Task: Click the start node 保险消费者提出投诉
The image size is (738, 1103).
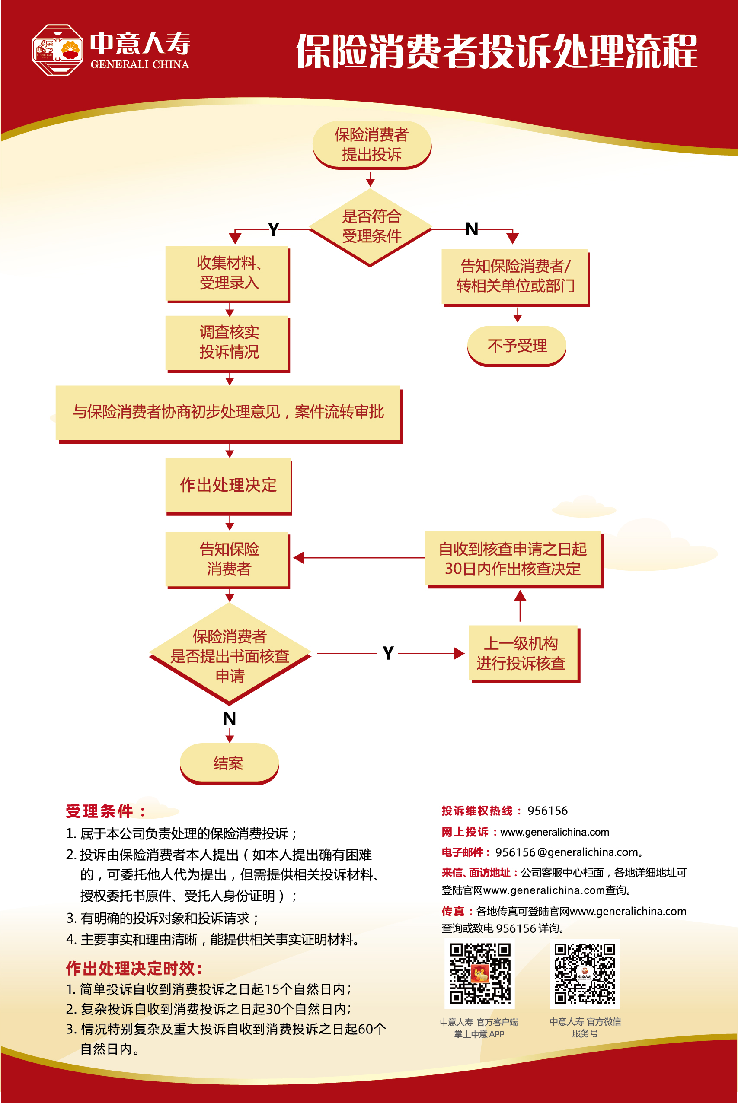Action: pos(371,144)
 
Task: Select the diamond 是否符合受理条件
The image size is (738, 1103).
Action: pos(371,227)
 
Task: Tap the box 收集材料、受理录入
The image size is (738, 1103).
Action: pos(228,273)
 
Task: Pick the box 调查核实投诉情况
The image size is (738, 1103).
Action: pos(228,343)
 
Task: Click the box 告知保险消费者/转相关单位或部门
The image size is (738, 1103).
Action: pos(515,277)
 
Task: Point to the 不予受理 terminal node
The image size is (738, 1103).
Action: pos(516,346)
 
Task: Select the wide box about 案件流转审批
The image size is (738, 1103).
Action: pos(228,412)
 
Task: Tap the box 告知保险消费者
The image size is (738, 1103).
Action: pos(228,559)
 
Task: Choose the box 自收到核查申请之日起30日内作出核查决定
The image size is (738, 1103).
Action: pos(513,559)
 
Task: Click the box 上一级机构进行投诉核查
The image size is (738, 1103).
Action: pos(523,653)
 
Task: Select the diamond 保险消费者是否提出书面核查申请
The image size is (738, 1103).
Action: pos(230,655)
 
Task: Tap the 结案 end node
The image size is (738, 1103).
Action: pos(229,763)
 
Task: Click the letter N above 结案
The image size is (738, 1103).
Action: pos(229,718)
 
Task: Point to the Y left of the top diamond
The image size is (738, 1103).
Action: pos(274,229)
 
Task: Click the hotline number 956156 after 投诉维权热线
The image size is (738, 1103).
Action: pos(547,811)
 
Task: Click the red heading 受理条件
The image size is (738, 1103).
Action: pos(100,811)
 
